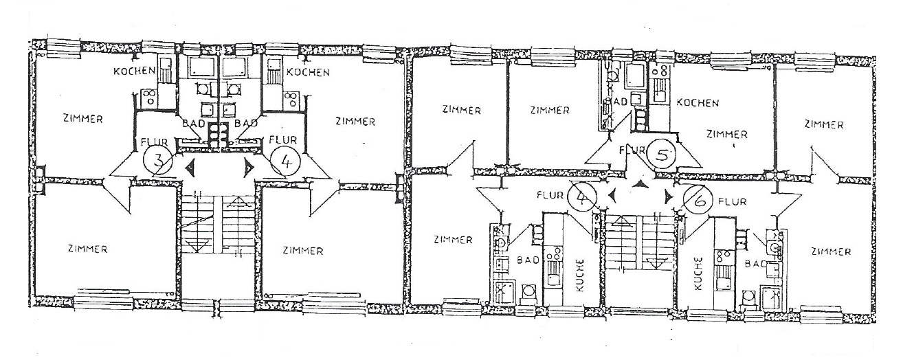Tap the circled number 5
(x=662, y=154)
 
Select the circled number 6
(x=698, y=200)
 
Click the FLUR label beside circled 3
(x=154, y=142)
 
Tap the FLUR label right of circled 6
(x=732, y=201)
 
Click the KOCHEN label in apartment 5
(x=698, y=102)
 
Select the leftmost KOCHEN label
(x=134, y=71)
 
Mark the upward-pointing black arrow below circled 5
(x=639, y=184)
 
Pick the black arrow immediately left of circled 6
(x=669, y=197)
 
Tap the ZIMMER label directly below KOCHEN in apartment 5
(x=726, y=134)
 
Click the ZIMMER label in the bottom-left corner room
(x=87, y=249)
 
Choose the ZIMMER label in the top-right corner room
(x=823, y=124)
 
